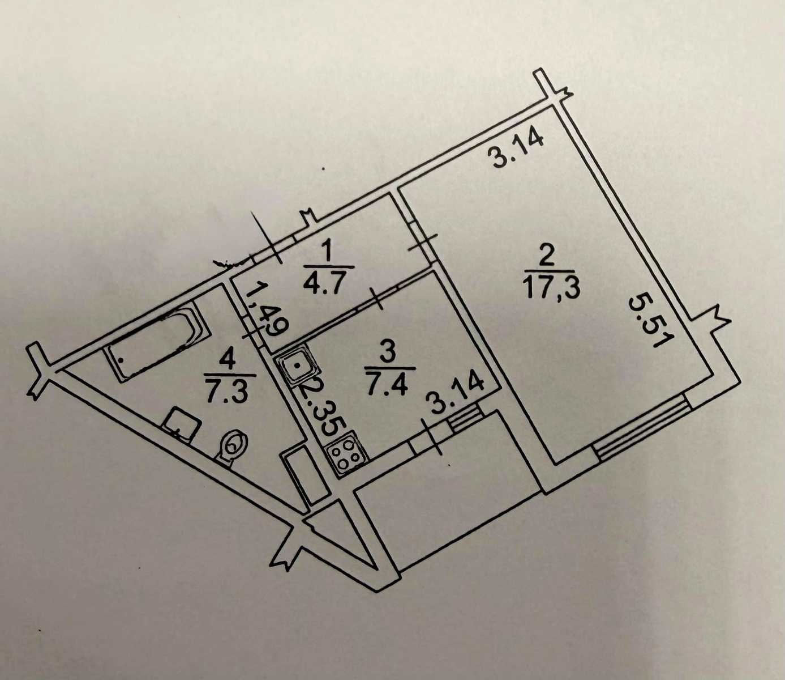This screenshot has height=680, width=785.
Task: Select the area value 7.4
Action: (x=387, y=384)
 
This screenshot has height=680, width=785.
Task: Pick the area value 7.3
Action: (x=228, y=390)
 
